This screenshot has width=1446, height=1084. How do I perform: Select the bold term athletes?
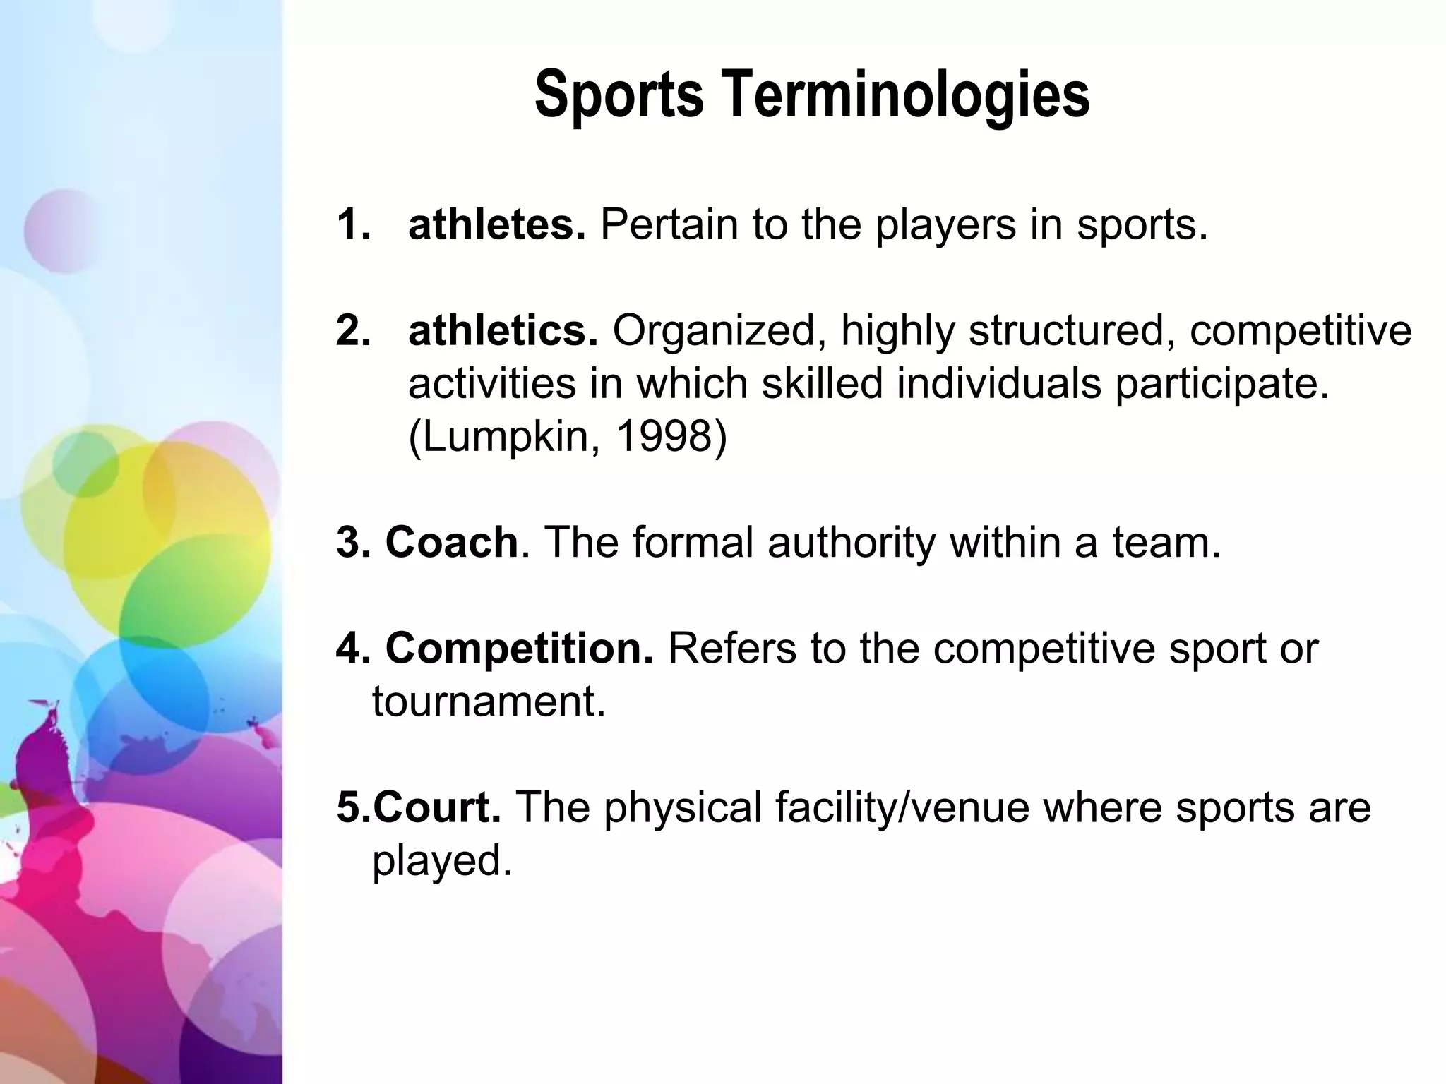pos(496,225)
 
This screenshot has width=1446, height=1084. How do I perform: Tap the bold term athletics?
pos(503,330)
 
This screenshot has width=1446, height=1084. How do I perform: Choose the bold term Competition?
pos(519,648)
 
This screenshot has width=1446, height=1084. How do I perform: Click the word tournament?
pos(489,701)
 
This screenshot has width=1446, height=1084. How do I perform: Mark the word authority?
pos(851,543)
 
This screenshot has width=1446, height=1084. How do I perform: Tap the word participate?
pos(1221,385)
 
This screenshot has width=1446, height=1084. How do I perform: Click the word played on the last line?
pos(441,861)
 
